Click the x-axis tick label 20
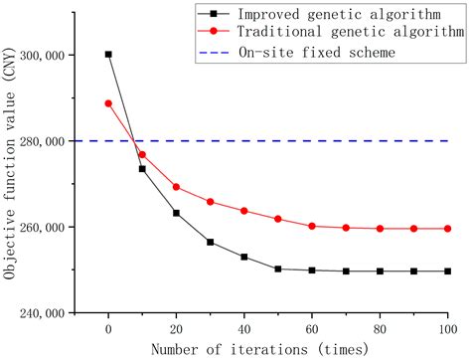pyautogui.click(x=176, y=328)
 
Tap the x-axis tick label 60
pyautogui.click(x=312, y=328)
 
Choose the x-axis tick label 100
pyautogui.click(x=447, y=328)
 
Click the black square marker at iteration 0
pyautogui.click(x=108, y=55)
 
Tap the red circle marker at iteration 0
pyautogui.click(x=108, y=103)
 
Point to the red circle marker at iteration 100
pyautogui.click(x=447, y=229)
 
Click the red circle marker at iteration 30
pyautogui.click(x=210, y=202)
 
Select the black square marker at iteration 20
pyautogui.click(x=176, y=213)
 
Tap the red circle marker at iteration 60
pyautogui.click(x=312, y=226)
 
